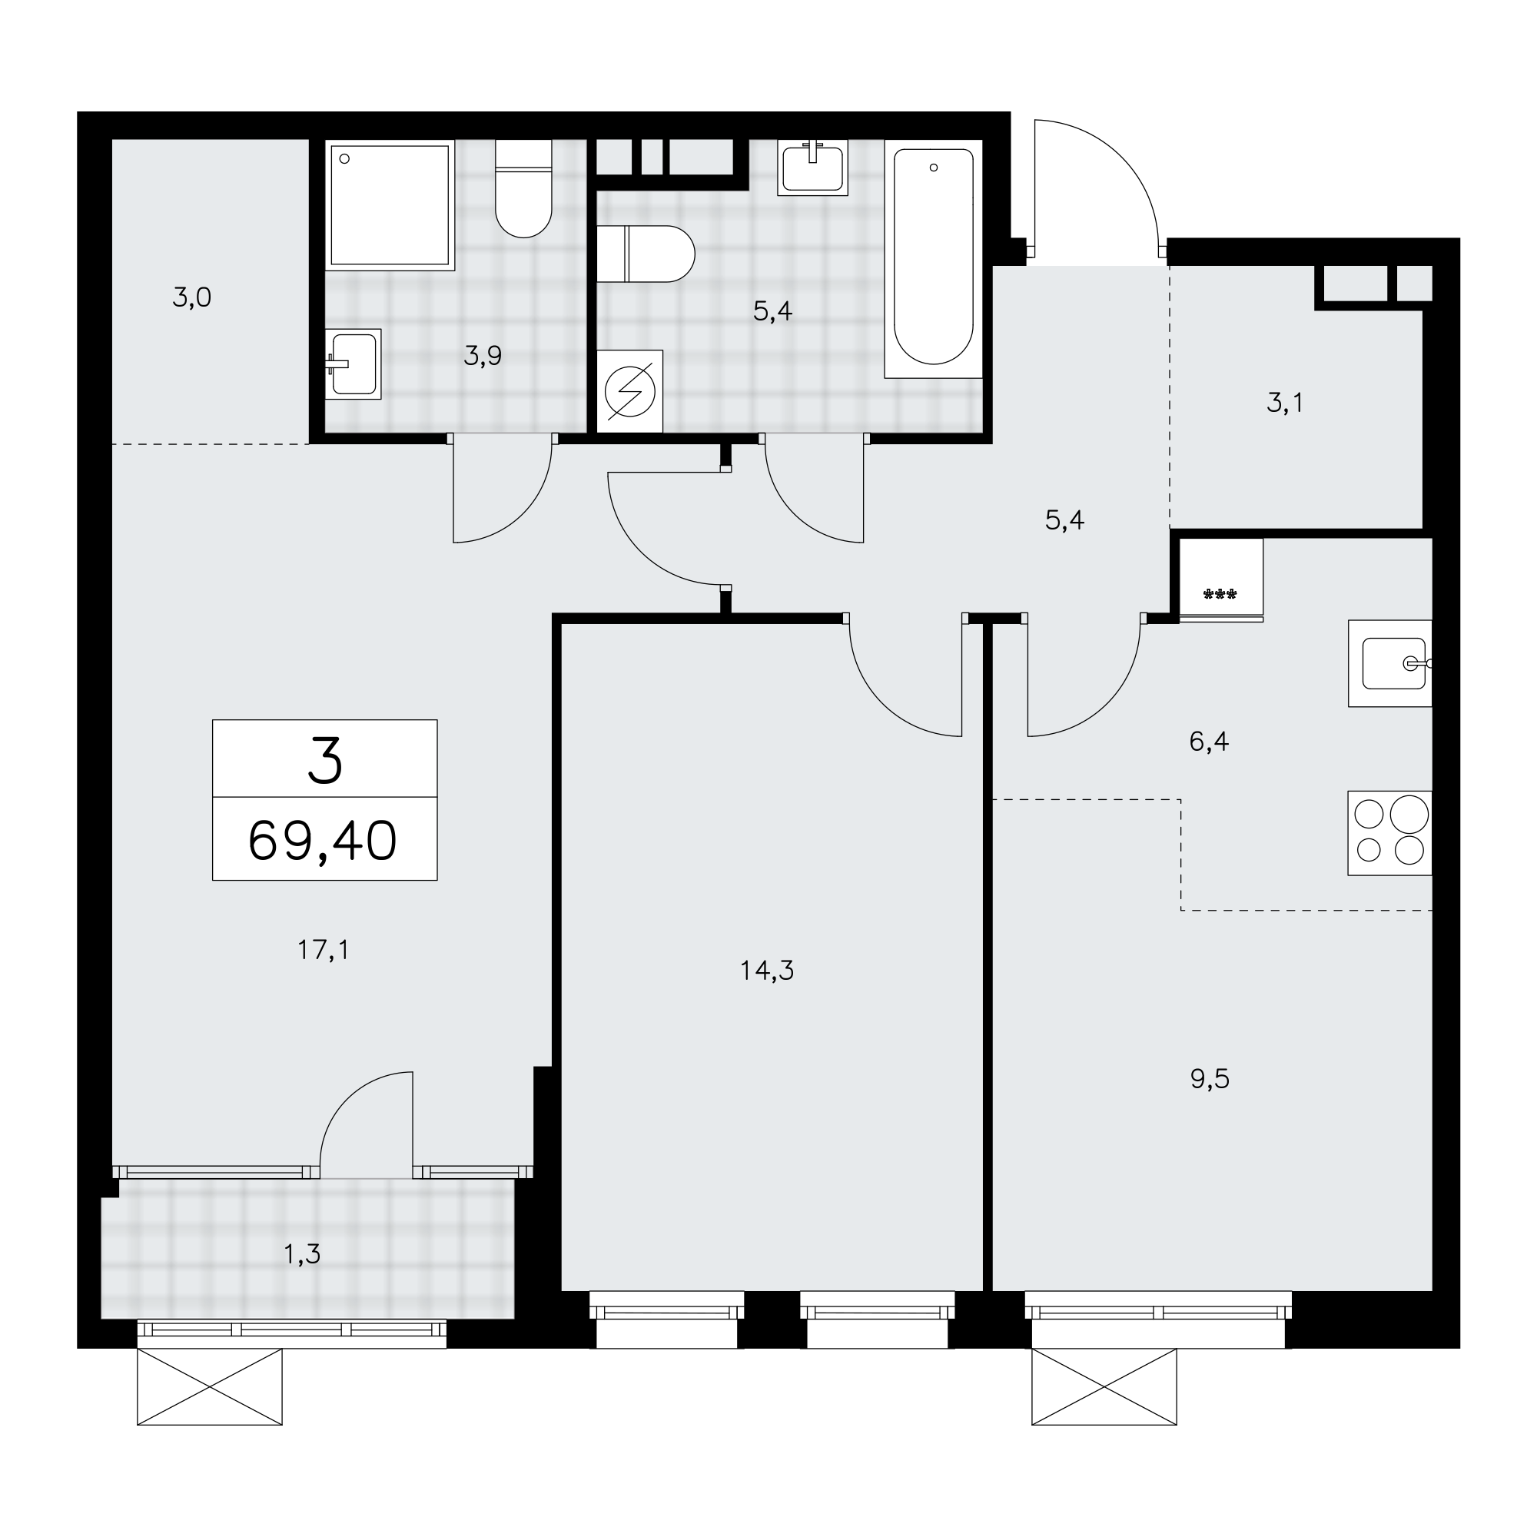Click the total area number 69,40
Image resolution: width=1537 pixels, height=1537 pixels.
click(x=322, y=842)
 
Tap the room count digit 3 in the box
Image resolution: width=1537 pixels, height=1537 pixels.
click(x=325, y=760)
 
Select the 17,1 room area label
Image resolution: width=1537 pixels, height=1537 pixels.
click(x=323, y=950)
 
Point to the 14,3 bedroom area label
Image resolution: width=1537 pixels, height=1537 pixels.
click(x=767, y=971)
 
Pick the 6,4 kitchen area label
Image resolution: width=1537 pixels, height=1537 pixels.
click(x=1209, y=742)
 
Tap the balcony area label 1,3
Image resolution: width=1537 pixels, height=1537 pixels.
click(x=302, y=1255)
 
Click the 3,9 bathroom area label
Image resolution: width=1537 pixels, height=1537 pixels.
click(x=483, y=356)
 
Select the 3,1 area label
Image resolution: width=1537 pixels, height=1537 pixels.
click(x=1285, y=403)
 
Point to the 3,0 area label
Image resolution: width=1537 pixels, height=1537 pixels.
click(x=191, y=297)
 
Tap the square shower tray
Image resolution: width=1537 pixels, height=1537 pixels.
click(x=390, y=205)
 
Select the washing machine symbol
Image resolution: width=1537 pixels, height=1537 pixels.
click(x=630, y=391)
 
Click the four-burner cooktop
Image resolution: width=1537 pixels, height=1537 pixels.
click(x=1389, y=833)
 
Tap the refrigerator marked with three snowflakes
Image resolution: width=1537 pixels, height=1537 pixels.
click(x=1221, y=579)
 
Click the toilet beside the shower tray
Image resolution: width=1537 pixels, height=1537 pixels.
click(x=523, y=188)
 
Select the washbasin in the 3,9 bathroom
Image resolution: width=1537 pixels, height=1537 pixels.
click(x=354, y=364)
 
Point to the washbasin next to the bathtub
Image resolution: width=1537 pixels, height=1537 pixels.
click(x=812, y=168)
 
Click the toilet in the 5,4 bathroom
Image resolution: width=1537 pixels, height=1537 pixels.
click(x=646, y=254)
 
